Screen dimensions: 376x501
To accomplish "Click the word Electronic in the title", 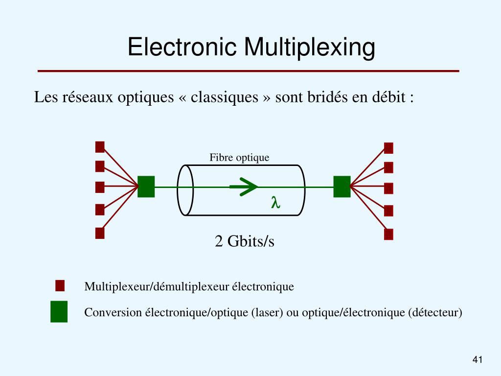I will click(x=182, y=47).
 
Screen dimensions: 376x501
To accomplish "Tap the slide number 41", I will click(x=478, y=360).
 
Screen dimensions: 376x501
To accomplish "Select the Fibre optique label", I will click(x=239, y=157).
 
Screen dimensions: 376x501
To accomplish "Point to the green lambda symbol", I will click(x=275, y=202).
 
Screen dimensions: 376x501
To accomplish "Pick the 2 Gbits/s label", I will click(x=245, y=241).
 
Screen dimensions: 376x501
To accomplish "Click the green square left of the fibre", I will click(x=146, y=187).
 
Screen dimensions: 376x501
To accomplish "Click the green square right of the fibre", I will click(x=342, y=187).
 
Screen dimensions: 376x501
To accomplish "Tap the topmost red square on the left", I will click(x=100, y=146).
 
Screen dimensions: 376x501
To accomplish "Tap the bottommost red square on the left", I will click(x=100, y=233).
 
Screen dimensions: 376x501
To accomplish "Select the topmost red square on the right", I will click(x=388, y=148).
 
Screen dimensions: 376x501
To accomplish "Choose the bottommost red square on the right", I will click(x=388, y=234).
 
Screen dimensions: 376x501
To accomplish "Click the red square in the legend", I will click(x=60, y=285).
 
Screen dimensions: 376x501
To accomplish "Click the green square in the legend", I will click(x=59, y=312).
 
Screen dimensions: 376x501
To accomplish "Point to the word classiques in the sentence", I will click(x=224, y=97).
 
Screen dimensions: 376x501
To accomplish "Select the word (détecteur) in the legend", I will click(x=434, y=312).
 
